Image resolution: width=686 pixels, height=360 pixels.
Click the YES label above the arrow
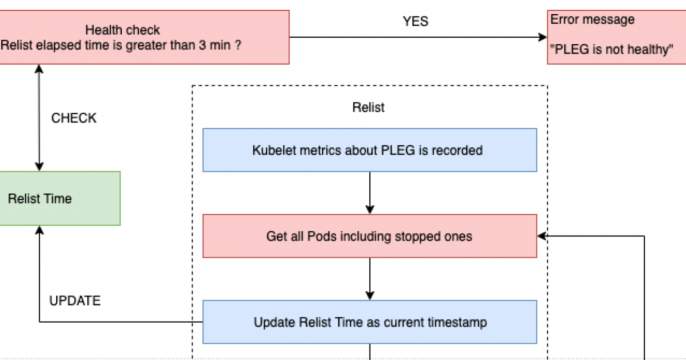[x=415, y=20]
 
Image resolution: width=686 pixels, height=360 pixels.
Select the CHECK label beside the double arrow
[x=74, y=118]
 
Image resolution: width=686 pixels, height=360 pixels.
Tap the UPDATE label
[x=75, y=300]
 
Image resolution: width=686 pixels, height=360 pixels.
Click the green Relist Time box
[x=59, y=198]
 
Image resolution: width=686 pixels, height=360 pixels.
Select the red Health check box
[x=145, y=37]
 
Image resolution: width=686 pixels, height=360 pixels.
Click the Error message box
[x=614, y=37]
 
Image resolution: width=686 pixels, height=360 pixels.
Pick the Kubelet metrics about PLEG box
[x=369, y=151]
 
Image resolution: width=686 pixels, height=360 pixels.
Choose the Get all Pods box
[x=369, y=236]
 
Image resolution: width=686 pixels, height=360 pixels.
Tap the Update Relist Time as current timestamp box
[x=369, y=321]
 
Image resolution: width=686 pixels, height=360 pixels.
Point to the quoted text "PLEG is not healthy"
[x=612, y=47]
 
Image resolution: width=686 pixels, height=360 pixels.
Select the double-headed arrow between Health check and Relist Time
[x=39, y=117]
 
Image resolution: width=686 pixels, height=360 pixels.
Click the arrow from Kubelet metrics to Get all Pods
[x=369, y=192]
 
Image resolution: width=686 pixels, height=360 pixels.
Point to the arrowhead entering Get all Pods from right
[x=543, y=236]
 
